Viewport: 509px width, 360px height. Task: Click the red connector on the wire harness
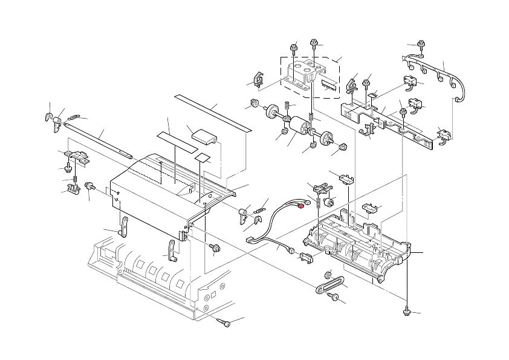(x=300, y=205)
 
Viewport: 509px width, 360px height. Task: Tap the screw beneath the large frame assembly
(x=406, y=312)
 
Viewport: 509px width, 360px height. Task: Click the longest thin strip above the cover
(x=212, y=113)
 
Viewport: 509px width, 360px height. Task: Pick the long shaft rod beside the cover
(x=97, y=139)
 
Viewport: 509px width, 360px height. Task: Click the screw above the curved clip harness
(x=420, y=44)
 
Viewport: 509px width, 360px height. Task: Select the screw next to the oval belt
(x=334, y=297)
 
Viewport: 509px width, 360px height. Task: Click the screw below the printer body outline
(x=226, y=324)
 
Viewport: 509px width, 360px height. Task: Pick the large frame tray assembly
(x=357, y=242)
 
